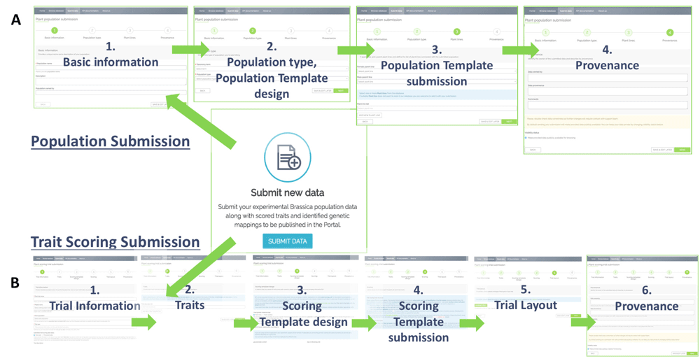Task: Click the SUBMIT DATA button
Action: [x=287, y=241]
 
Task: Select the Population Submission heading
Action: [x=111, y=141]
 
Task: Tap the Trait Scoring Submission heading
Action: [x=115, y=242]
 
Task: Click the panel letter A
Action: [x=15, y=20]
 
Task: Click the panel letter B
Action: [x=15, y=283]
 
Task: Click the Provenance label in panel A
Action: [x=607, y=65]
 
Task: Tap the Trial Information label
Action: [x=94, y=305]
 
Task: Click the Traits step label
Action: [x=189, y=305]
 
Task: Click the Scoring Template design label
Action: [x=303, y=314]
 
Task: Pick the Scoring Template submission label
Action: [x=418, y=322]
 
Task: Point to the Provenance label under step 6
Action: [x=646, y=306]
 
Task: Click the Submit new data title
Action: [x=288, y=192]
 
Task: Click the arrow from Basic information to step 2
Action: [x=190, y=50]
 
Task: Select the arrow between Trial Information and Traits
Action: [x=143, y=322]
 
